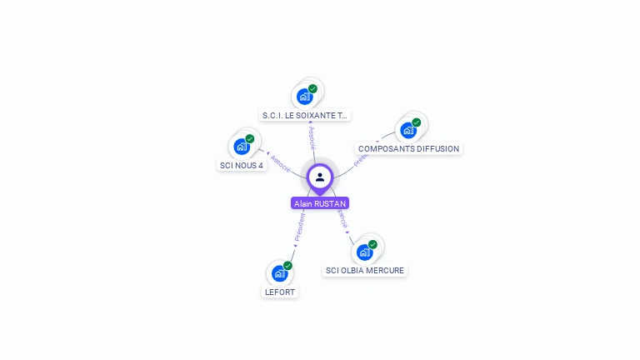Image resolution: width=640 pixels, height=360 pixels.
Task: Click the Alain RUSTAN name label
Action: pyautogui.click(x=320, y=203)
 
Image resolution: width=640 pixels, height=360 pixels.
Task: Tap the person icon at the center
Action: pyautogui.click(x=320, y=177)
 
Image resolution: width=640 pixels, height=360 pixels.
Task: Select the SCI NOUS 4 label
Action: pyautogui.click(x=241, y=165)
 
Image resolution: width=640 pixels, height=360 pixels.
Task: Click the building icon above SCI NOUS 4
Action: pyautogui.click(x=242, y=147)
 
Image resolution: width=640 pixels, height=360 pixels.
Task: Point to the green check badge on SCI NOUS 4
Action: pyautogui.click(x=250, y=138)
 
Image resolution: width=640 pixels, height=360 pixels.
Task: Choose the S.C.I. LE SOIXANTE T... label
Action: pyautogui.click(x=305, y=115)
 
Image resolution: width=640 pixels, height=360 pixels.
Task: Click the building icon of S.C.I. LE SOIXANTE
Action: pyautogui.click(x=304, y=97)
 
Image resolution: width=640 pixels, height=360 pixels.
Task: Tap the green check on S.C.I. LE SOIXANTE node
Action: pyautogui.click(x=312, y=88)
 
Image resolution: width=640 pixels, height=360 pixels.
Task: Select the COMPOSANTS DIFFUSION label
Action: pyautogui.click(x=408, y=148)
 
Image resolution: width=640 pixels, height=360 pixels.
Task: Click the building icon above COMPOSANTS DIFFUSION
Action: pyautogui.click(x=407, y=130)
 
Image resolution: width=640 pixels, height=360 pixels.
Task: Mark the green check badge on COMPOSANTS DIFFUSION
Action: pyautogui.click(x=417, y=122)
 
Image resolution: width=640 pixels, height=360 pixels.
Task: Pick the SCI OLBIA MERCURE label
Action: pyautogui.click(x=365, y=270)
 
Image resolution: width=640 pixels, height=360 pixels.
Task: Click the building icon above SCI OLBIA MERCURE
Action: pyautogui.click(x=364, y=252)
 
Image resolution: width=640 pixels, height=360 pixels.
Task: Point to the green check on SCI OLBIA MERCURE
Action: pyautogui.click(x=372, y=244)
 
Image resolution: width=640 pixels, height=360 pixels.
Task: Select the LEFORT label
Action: pyautogui.click(x=280, y=292)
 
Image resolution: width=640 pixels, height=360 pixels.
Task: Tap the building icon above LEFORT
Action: pyautogui.click(x=279, y=273)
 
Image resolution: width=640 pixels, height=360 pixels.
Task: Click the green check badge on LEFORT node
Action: pyautogui.click(x=287, y=265)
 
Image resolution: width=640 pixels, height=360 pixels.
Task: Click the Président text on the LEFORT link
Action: pyautogui.click(x=300, y=227)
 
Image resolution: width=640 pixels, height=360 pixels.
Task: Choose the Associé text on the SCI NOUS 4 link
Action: pyautogui.click(x=280, y=163)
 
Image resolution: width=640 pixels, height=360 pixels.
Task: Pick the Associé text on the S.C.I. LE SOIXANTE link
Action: pyautogui.click(x=312, y=138)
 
